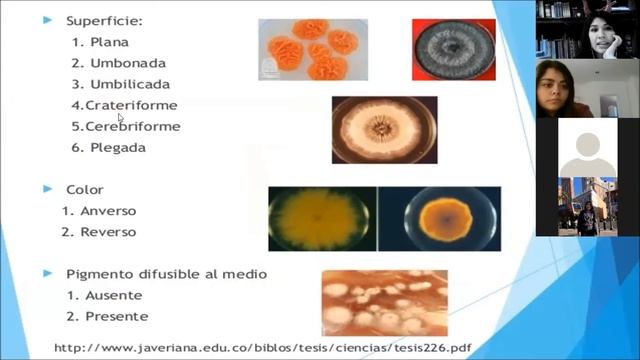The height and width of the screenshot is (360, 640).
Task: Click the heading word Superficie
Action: [x=103, y=20]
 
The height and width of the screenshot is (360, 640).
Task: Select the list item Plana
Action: [x=109, y=42]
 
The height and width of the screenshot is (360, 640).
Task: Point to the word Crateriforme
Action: [x=131, y=105]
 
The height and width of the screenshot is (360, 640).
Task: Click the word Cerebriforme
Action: [x=132, y=126]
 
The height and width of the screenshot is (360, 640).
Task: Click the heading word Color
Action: [x=85, y=189]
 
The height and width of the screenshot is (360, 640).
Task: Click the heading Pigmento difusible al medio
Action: [x=167, y=273]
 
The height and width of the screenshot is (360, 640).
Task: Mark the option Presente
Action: [x=116, y=316]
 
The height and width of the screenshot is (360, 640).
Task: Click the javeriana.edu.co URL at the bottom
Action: [x=262, y=348]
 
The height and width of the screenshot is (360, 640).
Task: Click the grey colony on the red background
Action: [x=453, y=50]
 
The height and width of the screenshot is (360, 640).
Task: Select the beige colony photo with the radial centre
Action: [x=384, y=130]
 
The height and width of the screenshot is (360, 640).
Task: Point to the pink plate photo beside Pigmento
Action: [x=384, y=302]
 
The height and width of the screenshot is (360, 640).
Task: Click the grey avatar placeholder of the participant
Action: [x=587, y=147]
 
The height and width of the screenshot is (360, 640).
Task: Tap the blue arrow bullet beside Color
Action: [x=46, y=189]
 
